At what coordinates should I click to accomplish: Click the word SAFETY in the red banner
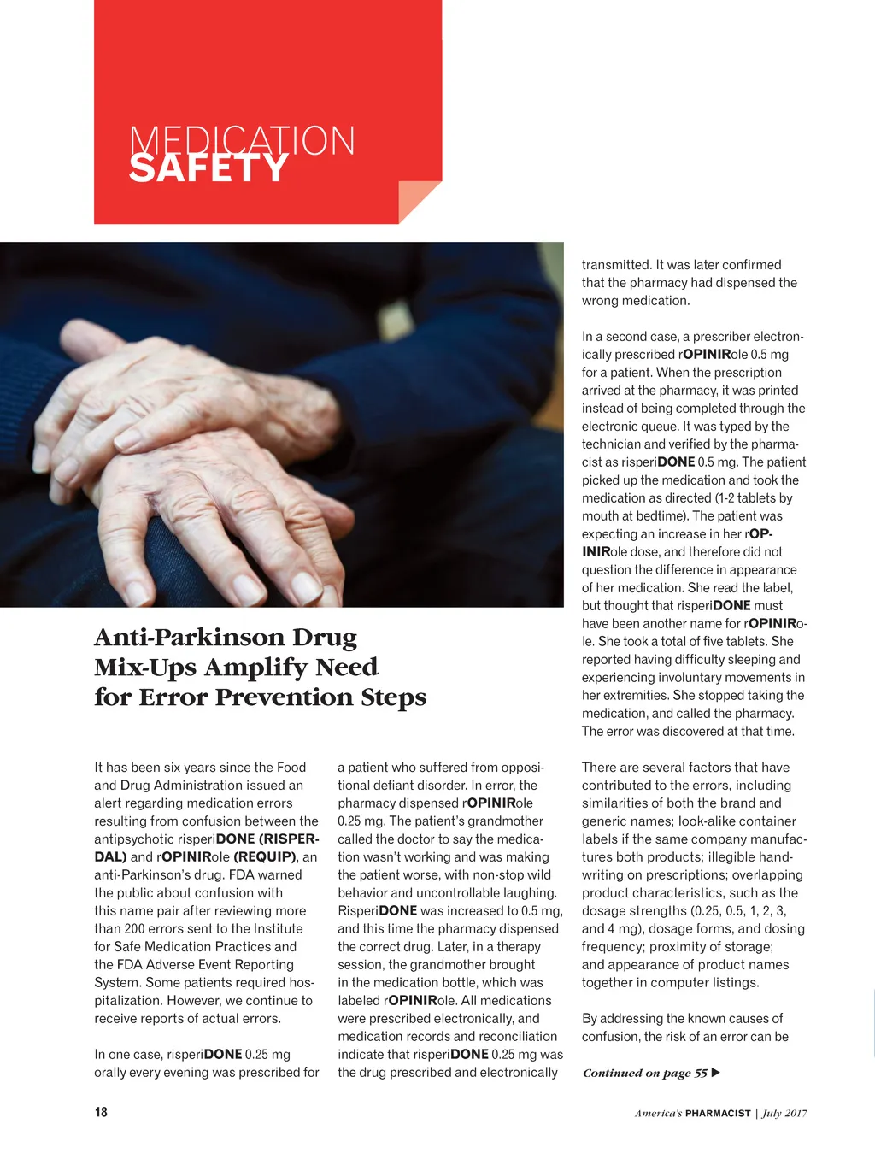[x=208, y=168]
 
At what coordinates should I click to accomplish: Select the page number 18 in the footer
[x=101, y=1112]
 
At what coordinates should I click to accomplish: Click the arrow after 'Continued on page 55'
[x=716, y=1073]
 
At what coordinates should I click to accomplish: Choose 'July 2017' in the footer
[x=784, y=1113]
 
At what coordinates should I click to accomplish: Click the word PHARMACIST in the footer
[x=718, y=1113]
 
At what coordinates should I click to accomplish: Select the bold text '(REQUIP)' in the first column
[x=265, y=856]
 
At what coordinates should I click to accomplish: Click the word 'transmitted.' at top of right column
[x=615, y=265]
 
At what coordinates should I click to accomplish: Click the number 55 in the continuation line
[x=701, y=1073]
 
